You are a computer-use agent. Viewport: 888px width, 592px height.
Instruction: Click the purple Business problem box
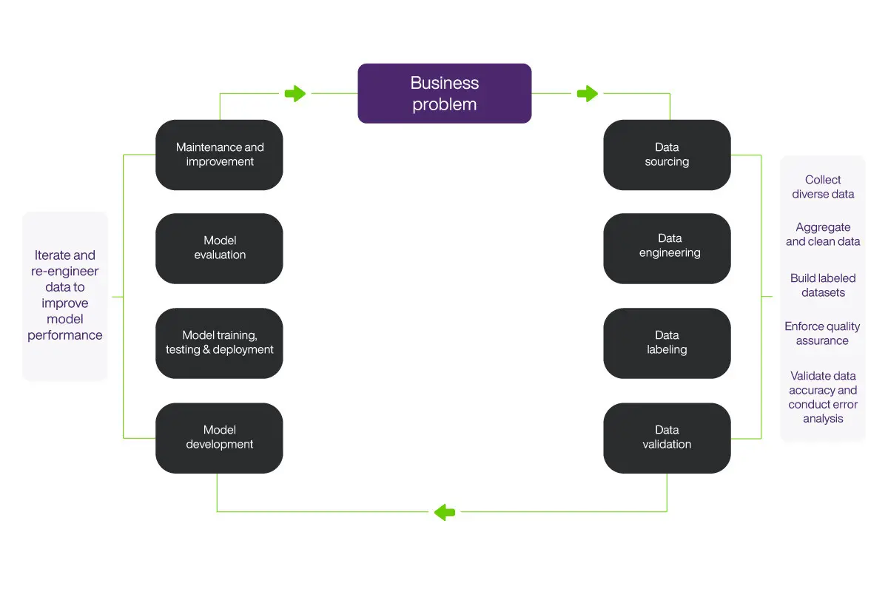pos(444,93)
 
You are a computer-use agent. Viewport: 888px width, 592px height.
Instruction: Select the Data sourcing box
pos(667,155)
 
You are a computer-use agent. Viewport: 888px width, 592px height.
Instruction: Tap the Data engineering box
pos(667,249)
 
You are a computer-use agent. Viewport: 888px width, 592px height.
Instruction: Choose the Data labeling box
pos(667,343)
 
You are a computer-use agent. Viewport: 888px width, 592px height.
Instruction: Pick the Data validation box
pos(667,437)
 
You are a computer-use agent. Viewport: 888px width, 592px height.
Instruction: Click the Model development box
pos(219,437)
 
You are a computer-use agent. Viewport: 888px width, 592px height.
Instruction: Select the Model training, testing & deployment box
pos(219,343)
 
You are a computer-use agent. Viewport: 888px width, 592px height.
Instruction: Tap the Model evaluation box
pos(219,248)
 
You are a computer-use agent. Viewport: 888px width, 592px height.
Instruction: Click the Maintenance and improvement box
pos(219,155)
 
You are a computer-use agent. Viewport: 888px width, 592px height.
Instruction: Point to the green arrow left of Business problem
pos(295,93)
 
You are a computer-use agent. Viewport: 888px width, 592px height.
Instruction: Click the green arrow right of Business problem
pos(587,93)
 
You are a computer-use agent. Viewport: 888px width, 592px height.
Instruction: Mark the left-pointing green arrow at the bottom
pos(445,511)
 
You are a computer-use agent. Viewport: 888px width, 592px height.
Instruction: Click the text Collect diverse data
pos(823,187)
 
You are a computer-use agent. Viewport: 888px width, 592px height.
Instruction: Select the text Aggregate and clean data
pos(823,235)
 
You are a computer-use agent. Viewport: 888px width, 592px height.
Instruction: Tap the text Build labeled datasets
pos(823,286)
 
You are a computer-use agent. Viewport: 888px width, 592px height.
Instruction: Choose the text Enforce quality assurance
pos(823,334)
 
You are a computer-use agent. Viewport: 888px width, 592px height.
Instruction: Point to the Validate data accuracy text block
pos(823,397)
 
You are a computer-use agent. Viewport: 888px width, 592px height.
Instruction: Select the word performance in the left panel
pos(65,335)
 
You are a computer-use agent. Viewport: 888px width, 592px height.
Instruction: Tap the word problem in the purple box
pos(444,104)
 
